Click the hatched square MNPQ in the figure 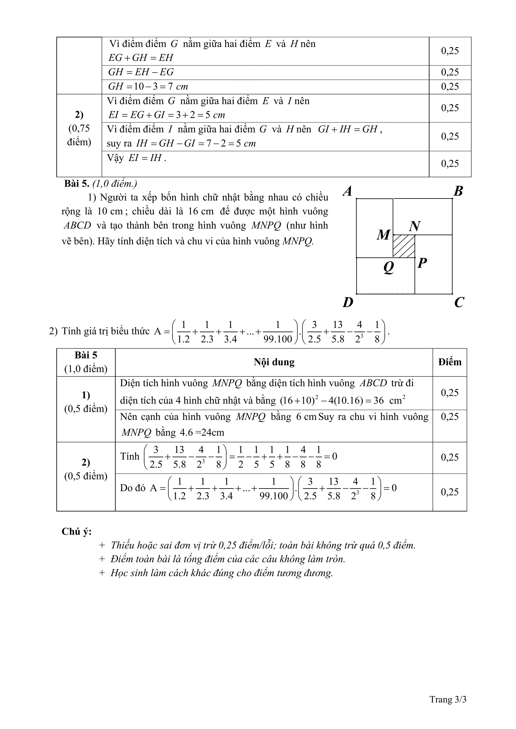click(x=404, y=246)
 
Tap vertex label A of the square click(x=348, y=191)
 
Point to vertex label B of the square click(x=458, y=191)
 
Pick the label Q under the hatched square click(x=389, y=267)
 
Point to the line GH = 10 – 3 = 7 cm click(x=148, y=86)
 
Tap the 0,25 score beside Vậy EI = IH click(x=450, y=164)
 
